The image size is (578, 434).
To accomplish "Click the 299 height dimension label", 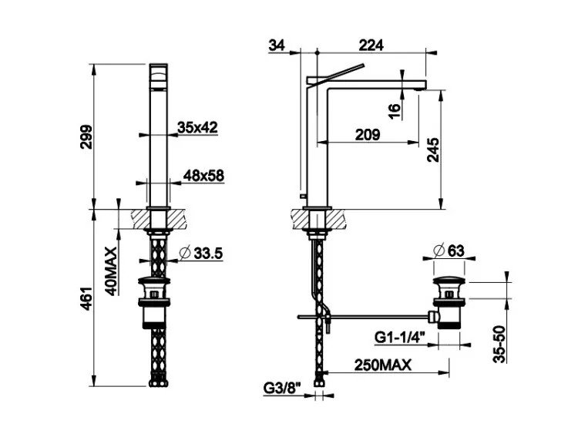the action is pos(86,136).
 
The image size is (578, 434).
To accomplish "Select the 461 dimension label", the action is pos(86,298).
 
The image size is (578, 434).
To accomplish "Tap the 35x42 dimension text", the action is pos(197,128).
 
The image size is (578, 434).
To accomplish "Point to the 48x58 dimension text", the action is pos(204,176).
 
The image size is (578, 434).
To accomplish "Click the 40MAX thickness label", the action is pos(111,271).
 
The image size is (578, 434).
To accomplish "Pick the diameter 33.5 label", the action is pos(201,254).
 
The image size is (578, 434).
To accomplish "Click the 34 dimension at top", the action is pos(277,45).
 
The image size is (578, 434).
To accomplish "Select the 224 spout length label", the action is pos(371,45).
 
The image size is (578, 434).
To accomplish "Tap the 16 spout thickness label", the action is pos(394,111).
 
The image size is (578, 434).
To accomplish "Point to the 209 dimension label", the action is pos(368,135).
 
